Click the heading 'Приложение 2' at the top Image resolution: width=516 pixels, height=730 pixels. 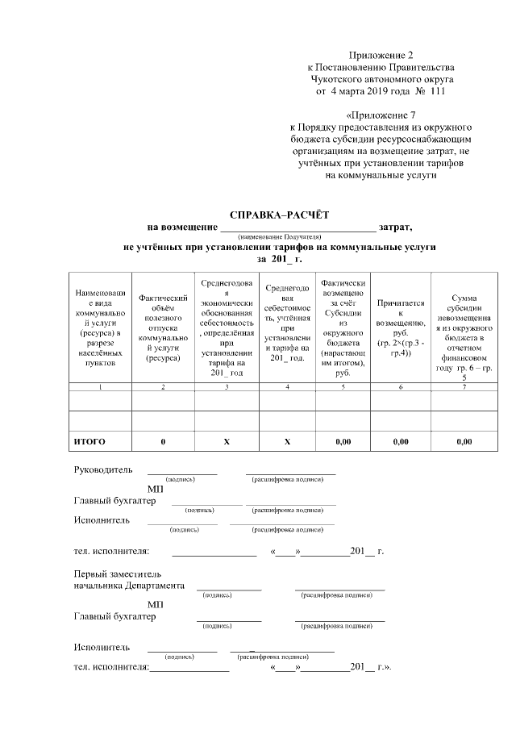(381, 55)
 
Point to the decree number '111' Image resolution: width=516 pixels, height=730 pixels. (439, 92)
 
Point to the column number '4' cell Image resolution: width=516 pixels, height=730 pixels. (288, 388)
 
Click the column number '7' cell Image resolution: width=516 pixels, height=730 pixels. (464, 388)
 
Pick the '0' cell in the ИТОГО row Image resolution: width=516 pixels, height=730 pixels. (163, 442)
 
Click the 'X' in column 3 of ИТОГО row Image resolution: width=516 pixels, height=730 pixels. (227, 442)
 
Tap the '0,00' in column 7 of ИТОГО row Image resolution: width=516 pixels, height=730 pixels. (464, 442)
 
